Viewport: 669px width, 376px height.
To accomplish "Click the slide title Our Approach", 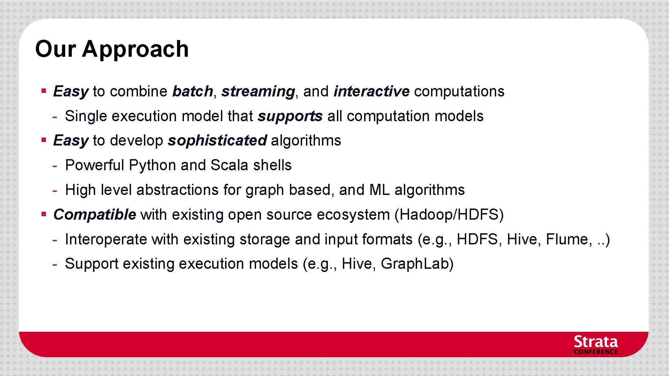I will pyautogui.click(x=112, y=49).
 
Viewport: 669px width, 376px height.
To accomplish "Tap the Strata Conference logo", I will pyautogui.click(x=596, y=345).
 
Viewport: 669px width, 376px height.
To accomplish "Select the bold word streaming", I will pyautogui.click(x=258, y=92).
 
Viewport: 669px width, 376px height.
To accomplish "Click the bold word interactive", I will pyautogui.click(x=371, y=92).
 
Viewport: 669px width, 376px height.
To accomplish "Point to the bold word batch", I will pyautogui.click(x=192, y=92).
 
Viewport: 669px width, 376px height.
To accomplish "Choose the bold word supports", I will pyautogui.click(x=290, y=116).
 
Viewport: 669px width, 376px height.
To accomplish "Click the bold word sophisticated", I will pyautogui.click(x=217, y=141).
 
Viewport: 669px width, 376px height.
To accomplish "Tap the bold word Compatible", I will pyautogui.click(x=94, y=214).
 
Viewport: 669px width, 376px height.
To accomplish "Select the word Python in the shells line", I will pyautogui.click(x=152, y=165).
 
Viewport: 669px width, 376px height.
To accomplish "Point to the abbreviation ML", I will pyautogui.click(x=379, y=190).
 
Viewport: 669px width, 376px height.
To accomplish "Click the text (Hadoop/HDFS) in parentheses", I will pyautogui.click(x=449, y=214).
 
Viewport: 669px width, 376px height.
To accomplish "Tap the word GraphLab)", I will pyautogui.click(x=417, y=264).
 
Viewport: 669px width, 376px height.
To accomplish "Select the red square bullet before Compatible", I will pyautogui.click(x=44, y=214).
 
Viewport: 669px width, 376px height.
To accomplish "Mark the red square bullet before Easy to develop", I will pyautogui.click(x=44, y=140).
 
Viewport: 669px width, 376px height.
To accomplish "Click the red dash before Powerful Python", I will pyautogui.click(x=55, y=166).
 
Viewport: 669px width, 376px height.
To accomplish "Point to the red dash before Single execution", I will pyautogui.click(x=55, y=117).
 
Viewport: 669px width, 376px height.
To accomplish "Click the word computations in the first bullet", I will pyautogui.click(x=459, y=92).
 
